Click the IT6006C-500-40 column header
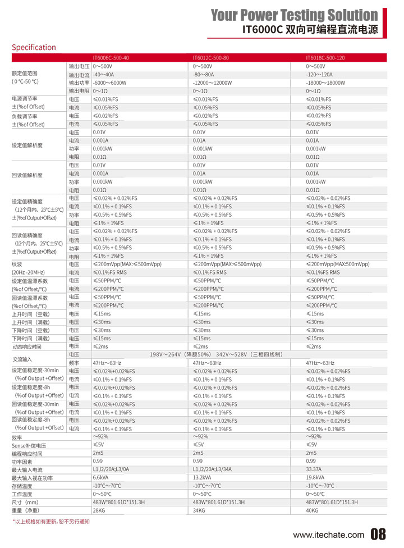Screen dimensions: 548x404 pyautogui.click(x=111, y=58)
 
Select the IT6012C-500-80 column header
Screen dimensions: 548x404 pyautogui.click(x=210, y=58)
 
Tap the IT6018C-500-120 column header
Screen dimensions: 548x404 pyautogui.click(x=325, y=58)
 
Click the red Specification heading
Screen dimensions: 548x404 pyautogui.click(x=34, y=47)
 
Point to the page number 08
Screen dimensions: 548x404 pyautogui.click(x=379, y=535)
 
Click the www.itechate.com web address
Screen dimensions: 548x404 pyautogui.click(x=328, y=535)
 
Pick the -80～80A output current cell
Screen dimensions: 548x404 pyautogui.click(x=203, y=74)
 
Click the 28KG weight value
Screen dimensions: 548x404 pyautogui.click(x=99, y=510)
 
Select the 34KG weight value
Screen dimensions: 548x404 pyautogui.click(x=199, y=510)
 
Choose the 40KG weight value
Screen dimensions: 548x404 pyautogui.click(x=312, y=510)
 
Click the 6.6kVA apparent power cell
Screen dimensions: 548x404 pyautogui.click(x=100, y=478)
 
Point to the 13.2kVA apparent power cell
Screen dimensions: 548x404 pyautogui.click(x=202, y=478)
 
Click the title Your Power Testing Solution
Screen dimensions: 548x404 pyautogui.click(x=294, y=15)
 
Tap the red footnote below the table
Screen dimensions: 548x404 pyautogui.click(x=51, y=522)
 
